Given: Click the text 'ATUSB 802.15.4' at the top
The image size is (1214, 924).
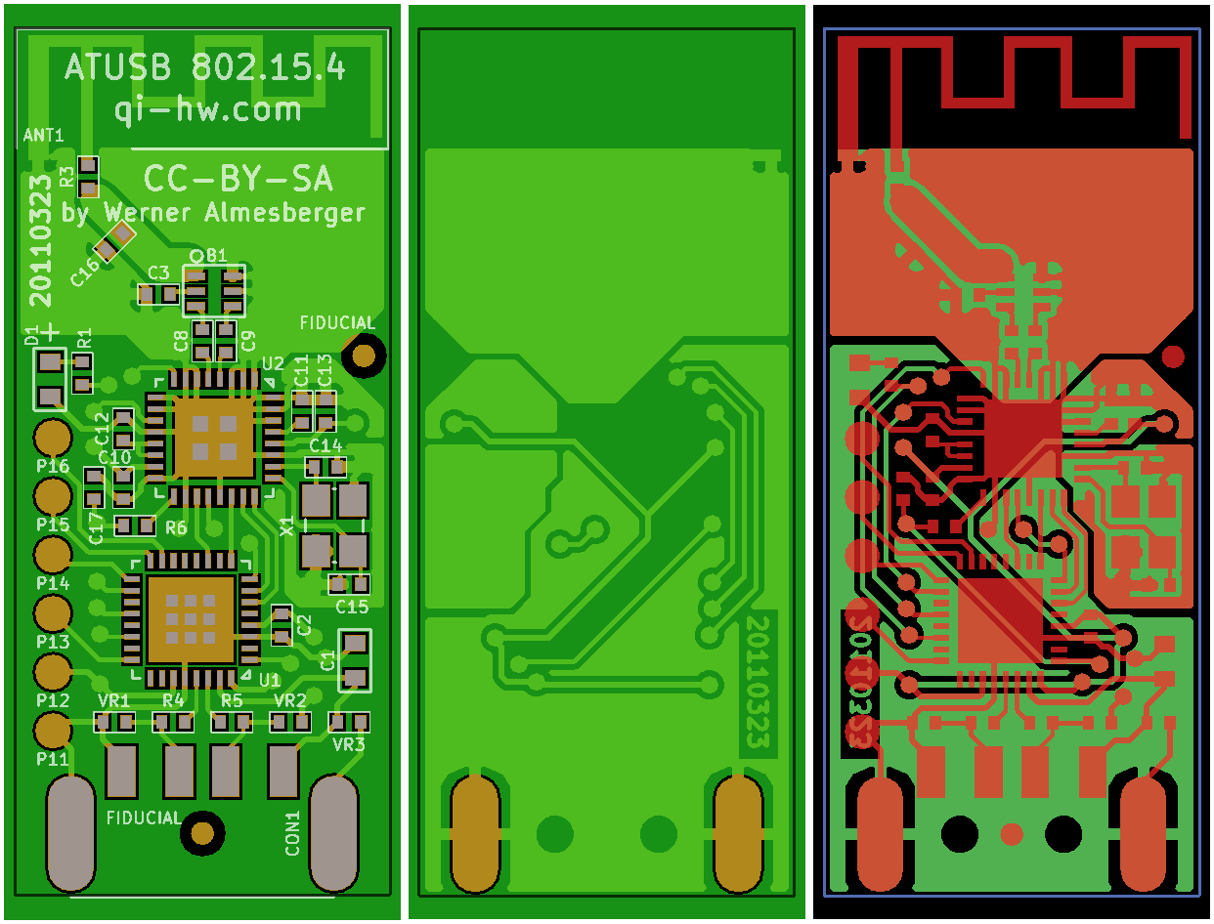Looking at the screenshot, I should point(204,67).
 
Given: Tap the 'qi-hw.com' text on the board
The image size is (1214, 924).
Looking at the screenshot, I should point(207,108).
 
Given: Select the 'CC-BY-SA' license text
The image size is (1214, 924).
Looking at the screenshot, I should point(238,179).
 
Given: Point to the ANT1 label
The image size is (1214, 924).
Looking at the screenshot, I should point(43,136).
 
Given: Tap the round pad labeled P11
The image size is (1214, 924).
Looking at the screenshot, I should point(53,730).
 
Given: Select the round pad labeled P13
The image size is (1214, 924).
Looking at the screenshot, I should point(53,614).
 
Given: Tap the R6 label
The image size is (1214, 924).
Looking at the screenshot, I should point(176,527).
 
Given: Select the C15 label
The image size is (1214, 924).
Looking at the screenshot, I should point(351,607).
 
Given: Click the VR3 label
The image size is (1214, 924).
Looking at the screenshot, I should point(349,744).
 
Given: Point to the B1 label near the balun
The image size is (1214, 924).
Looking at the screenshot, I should point(216,255).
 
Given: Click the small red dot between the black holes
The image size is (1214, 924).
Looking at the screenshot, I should point(1012,834).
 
